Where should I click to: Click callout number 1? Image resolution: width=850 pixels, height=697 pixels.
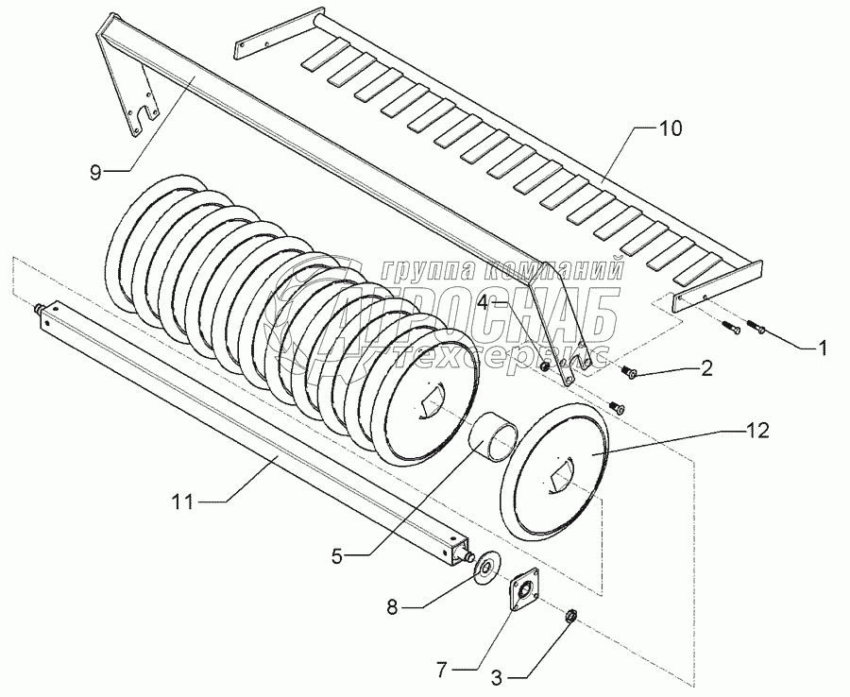tap(823, 348)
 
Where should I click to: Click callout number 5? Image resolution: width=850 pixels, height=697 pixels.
tap(337, 557)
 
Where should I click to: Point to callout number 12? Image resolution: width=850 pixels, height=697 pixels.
tap(757, 432)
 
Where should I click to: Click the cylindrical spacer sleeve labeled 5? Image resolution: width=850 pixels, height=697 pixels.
tap(494, 441)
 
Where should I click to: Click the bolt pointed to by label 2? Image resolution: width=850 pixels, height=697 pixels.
tap(629, 373)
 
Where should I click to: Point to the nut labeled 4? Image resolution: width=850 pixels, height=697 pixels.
tap(545, 366)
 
